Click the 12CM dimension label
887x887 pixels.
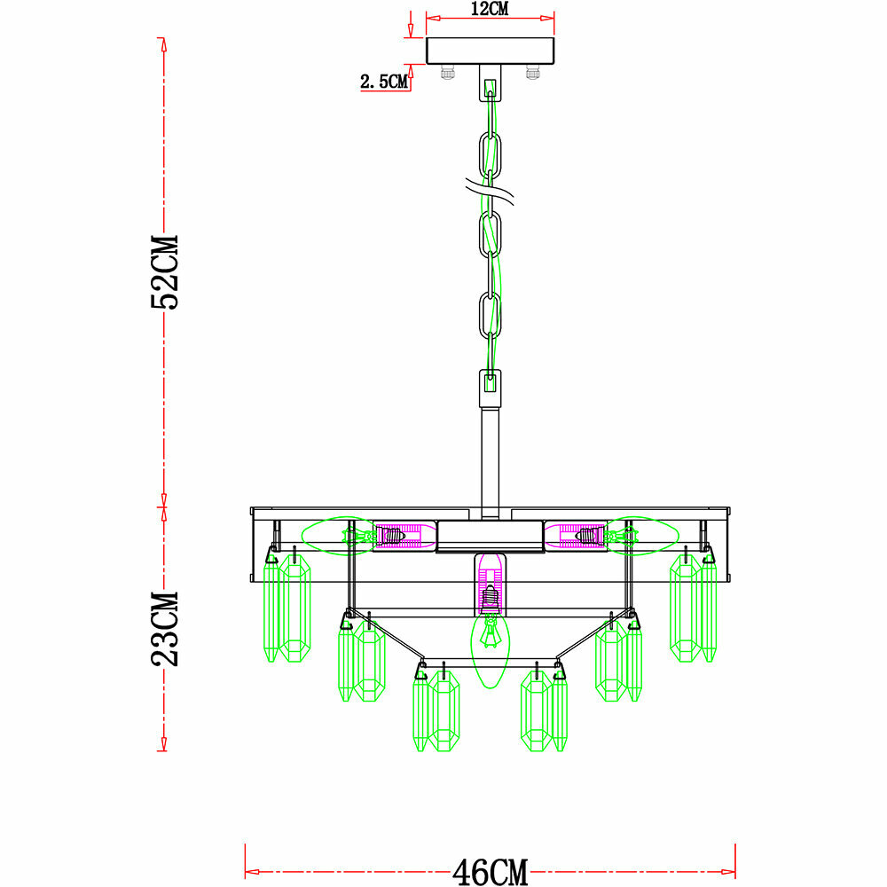click(x=490, y=9)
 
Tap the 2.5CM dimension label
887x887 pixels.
click(x=384, y=82)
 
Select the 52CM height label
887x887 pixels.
click(x=165, y=272)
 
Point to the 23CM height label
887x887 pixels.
click(x=165, y=629)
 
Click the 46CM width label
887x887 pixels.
click(x=490, y=872)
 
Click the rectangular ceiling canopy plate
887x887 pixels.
click(x=490, y=51)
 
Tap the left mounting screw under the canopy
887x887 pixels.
click(x=447, y=73)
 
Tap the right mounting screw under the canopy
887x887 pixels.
click(x=532, y=73)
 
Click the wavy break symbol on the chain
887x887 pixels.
click(x=490, y=192)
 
